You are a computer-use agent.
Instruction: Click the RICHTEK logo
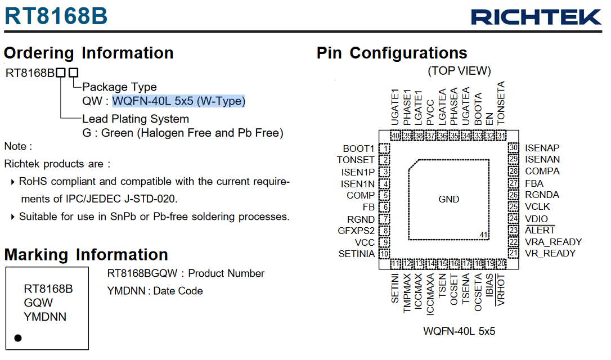coord(536,17)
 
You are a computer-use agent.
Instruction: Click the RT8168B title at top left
coord(56,16)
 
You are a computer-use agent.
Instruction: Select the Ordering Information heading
coord(89,53)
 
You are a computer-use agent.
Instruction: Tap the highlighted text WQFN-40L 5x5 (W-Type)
coord(179,101)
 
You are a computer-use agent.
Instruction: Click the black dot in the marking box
coord(18,338)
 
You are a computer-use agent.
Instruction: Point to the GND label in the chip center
coord(449,199)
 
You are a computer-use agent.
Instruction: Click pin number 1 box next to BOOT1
coord(385,148)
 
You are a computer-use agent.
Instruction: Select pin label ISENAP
coord(542,148)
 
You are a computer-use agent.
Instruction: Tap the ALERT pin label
coord(540,230)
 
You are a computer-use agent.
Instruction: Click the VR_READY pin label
coord(550,253)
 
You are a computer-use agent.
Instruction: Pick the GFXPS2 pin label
coord(356,231)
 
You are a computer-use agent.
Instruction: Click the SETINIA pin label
coord(357,254)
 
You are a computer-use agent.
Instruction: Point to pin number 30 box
coord(514,148)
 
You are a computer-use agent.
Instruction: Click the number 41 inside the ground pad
coord(484,235)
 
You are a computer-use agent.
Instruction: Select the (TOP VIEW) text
coord(460,71)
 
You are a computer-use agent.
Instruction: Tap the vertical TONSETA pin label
coord(501,103)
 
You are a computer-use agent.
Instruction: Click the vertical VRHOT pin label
coord(501,290)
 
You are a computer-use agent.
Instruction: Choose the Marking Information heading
coord(86,255)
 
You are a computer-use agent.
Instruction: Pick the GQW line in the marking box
coord(38,303)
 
